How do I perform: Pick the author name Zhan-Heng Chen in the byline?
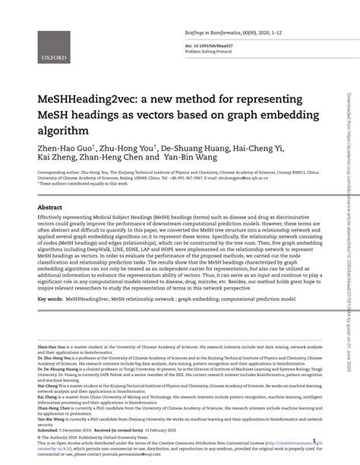pyautogui.click(x=123, y=160)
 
